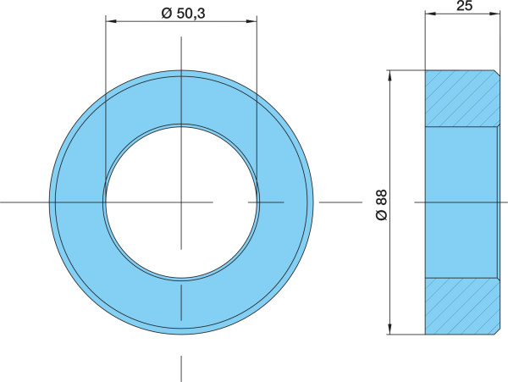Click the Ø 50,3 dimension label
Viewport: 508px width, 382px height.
[x=183, y=14]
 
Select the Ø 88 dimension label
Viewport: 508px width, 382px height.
[x=382, y=205]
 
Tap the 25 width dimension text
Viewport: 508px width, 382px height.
[x=464, y=6]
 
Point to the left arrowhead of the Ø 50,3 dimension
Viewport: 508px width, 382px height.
[x=111, y=21]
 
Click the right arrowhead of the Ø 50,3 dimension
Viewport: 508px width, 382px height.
[x=251, y=21]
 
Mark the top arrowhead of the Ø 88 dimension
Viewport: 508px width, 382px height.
[x=390, y=75]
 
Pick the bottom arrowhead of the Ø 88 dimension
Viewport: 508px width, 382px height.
[x=390, y=329]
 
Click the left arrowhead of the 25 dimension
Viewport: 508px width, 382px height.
[x=430, y=14]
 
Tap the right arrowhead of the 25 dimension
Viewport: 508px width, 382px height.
[x=494, y=14]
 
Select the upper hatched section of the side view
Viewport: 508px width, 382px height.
[x=462, y=98]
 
